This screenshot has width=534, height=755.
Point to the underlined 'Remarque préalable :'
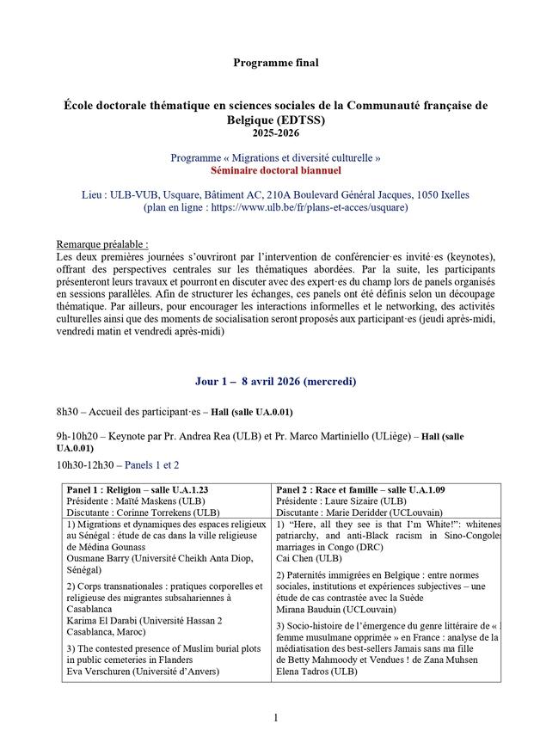click(x=102, y=244)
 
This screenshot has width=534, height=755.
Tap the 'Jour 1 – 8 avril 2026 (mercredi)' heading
click(x=275, y=380)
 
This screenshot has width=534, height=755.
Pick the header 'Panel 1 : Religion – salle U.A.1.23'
click(x=138, y=490)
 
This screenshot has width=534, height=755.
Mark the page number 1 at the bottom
click(x=275, y=717)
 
